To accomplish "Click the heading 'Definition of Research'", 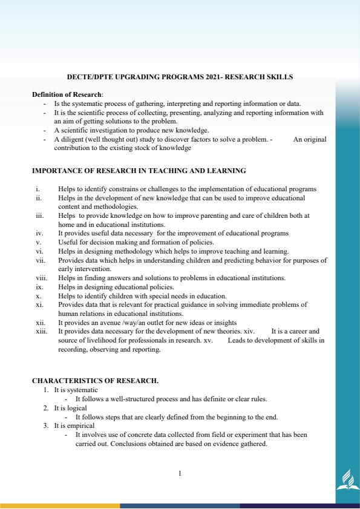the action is pos(67,94).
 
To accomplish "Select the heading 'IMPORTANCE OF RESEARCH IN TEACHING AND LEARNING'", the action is pos(139,171).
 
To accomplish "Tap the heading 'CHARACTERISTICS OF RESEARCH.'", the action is pos(95,381).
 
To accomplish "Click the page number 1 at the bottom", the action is pos(180,473).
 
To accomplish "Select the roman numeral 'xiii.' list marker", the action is pos(41,332).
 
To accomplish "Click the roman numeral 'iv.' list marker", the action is pos(39,232).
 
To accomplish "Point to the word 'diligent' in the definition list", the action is pos(73,139).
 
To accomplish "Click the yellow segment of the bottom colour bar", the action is pos(60,505).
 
